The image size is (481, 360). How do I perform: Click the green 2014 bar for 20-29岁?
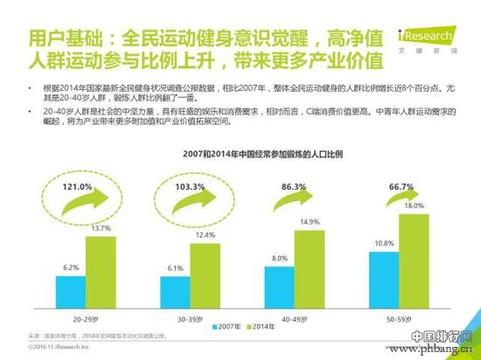pos(101,268)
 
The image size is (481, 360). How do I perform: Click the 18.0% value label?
pos(414,205)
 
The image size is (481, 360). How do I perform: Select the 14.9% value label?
pos(310,222)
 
